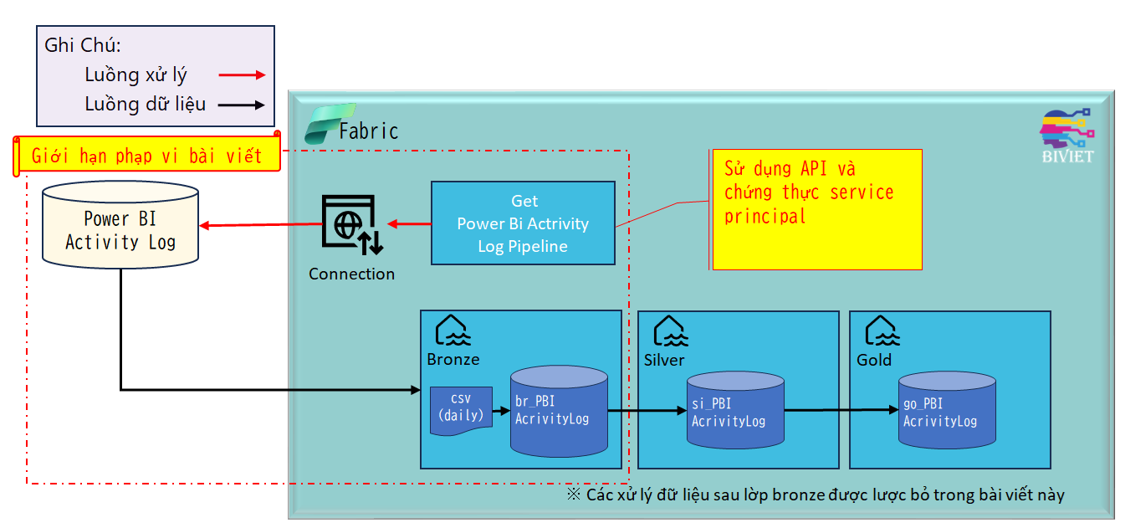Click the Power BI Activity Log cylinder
pos(120,224)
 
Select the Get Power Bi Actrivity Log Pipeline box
pos(523,223)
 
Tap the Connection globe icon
pos(352,224)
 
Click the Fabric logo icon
pos(330,124)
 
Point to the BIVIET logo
pos(1067,136)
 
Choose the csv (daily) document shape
pos(461,410)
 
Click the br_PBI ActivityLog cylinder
pos(559,411)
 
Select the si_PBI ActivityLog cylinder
pos(735,410)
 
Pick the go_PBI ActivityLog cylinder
pos(947,410)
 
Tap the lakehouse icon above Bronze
pos(453,331)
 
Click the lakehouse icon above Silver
pos(671,331)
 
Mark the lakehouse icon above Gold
pos(882,331)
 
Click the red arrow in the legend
pos(242,75)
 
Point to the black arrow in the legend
pos(242,105)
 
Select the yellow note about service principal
pos(817,209)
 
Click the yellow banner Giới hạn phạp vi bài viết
pos(146,155)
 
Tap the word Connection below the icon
pos(351,274)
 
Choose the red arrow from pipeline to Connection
pos(409,224)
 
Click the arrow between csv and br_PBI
pos(501,411)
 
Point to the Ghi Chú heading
pos(83,45)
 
